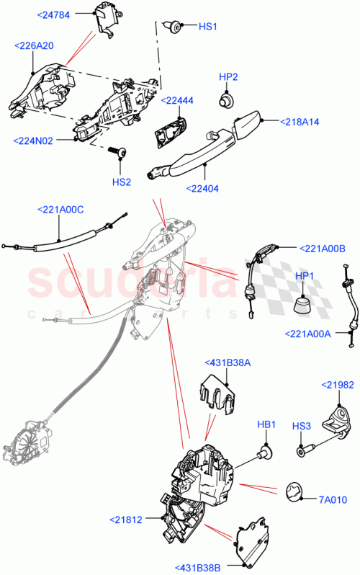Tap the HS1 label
(208, 26)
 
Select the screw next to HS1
(172, 27)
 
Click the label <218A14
(300, 122)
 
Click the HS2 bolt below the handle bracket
(120, 152)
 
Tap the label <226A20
(33, 45)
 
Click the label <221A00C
(60, 210)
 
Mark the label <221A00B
(325, 249)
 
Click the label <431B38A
(228, 362)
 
